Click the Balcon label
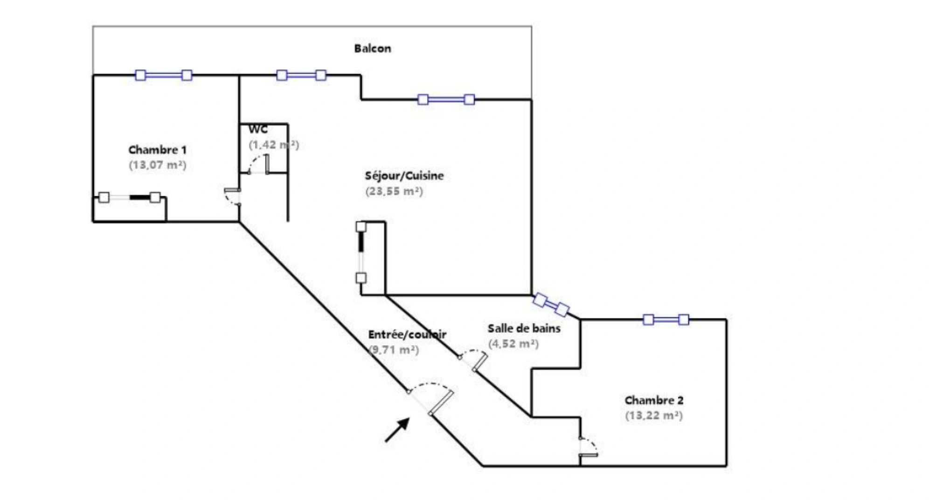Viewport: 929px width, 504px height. (x=372, y=49)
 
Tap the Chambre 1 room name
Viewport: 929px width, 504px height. (x=157, y=150)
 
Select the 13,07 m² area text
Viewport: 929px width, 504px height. (x=158, y=165)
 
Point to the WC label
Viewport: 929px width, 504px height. (x=258, y=129)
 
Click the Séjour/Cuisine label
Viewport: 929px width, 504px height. (x=404, y=176)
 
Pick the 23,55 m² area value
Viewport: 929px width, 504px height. (x=394, y=191)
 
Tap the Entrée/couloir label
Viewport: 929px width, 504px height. (x=407, y=335)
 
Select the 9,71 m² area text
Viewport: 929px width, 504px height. (x=394, y=350)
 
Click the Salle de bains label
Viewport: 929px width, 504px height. (x=524, y=329)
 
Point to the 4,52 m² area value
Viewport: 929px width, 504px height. (x=513, y=344)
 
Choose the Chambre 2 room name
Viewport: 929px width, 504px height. (x=654, y=400)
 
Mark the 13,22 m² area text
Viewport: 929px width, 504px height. (x=654, y=415)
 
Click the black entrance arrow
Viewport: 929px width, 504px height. (x=397, y=430)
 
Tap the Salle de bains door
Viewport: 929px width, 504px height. (x=474, y=360)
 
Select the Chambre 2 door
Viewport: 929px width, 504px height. (x=589, y=447)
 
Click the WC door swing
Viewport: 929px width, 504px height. (x=258, y=164)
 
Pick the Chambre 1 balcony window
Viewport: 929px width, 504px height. (x=164, y=75)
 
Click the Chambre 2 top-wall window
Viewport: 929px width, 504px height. (x=666, y=320)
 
